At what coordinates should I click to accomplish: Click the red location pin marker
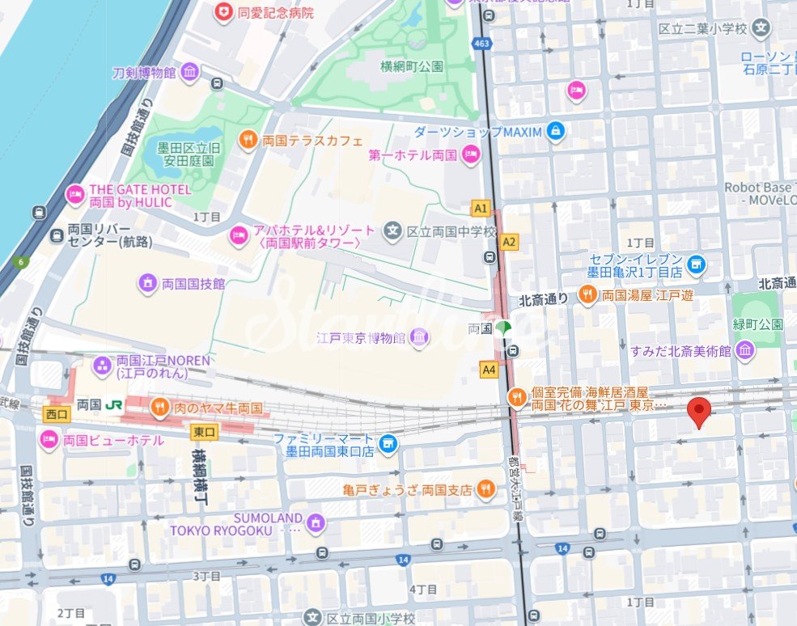[x=699, y=412]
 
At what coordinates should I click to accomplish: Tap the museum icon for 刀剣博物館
[x=189, y=73]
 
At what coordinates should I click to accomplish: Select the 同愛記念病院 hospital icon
[x=222, y=12]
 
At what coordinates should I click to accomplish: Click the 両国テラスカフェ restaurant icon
[x=248, y=140]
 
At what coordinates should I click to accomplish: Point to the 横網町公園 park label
[x=412, y=66]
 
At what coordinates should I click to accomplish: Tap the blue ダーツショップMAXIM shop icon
[x=555, y=131]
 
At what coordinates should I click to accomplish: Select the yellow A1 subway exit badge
[x=481, y=209]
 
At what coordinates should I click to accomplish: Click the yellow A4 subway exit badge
[x=488, y=370]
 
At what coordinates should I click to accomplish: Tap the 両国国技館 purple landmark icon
[x=147, y=282]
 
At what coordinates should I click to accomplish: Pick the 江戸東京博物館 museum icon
[x=419, y=336]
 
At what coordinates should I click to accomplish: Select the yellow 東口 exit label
[x=203, y=433]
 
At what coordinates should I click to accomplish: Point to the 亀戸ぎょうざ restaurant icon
[x=485, y=489]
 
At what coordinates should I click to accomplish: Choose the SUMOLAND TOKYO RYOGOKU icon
[x=316, y=522]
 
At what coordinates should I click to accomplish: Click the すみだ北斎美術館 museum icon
[x=744, y=350]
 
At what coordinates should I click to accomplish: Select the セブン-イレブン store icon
[x=695, y=264]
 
